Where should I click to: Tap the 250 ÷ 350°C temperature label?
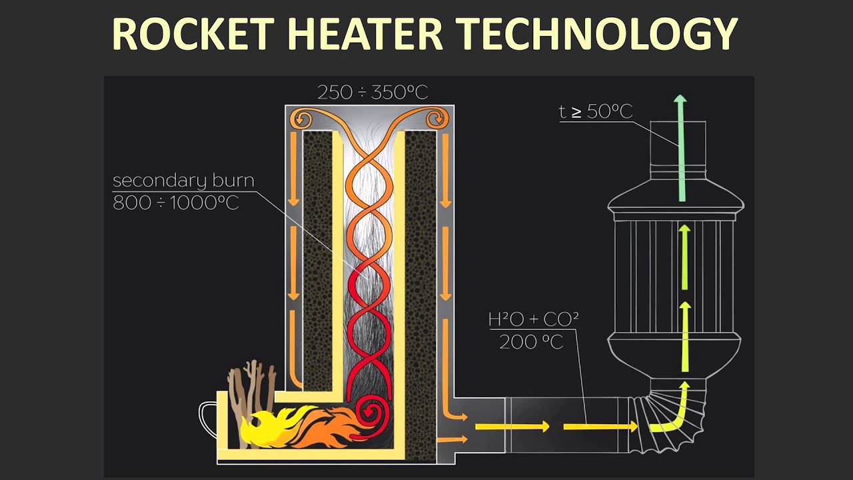point(372,92)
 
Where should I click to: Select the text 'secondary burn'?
point(183,181)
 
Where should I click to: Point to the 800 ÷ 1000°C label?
point(175,203)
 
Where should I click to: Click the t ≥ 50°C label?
point(595,111)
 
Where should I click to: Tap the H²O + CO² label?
point(533,319)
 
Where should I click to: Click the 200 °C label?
point(531,343)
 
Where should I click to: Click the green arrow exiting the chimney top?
point(680,147)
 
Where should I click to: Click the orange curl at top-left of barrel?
point(304,119)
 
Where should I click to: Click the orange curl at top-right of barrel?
point(436,119)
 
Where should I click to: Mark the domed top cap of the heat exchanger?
point(676,197)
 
